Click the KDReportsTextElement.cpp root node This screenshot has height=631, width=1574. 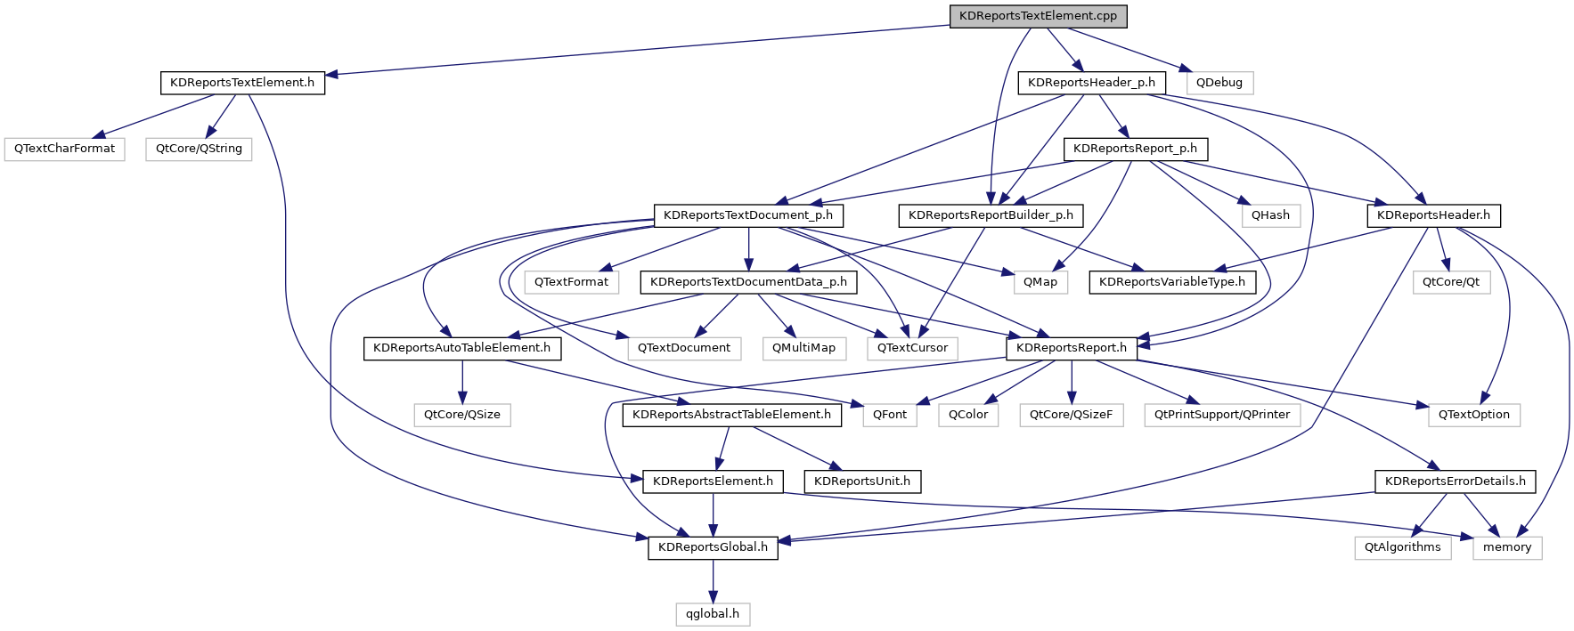pos(1038,16)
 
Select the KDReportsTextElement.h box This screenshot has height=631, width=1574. pos(242,83)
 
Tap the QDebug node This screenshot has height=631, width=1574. pos(1219,83)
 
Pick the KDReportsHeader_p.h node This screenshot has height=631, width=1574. pos(1091,83)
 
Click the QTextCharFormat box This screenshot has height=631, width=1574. pos(64,149)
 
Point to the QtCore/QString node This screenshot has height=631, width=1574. pos(199,149)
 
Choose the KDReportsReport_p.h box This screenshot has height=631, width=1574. pos(1135,149)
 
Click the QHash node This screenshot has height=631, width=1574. pos(1270,215)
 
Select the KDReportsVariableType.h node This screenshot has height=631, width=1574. pos(1171,282)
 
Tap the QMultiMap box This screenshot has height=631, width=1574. pos(803,348)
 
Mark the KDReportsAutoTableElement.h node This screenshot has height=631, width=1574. pos(461,348)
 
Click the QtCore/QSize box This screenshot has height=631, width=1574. pos(461,415)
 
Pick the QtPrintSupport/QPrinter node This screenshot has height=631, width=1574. pos(1221,415)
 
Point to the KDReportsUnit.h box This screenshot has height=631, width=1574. pos(862,481)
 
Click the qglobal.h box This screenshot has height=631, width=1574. pos(713,614)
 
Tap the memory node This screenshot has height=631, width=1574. pos(1506,547)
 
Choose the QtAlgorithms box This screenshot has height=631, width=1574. pos(1402,547)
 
